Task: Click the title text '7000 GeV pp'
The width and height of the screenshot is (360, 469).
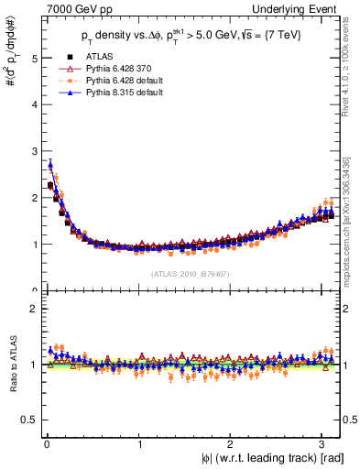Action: click(x=66, y=7)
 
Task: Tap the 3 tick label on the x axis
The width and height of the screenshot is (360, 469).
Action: click(x=323, y=445)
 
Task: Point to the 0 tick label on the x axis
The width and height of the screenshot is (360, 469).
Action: click(x=47, y=445)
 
